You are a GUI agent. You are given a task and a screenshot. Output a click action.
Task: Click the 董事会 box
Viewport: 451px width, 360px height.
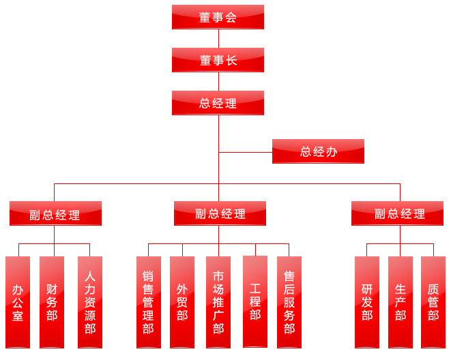click(x=218, y=17)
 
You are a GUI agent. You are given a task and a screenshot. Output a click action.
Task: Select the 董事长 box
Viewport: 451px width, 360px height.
click(x=218, y=60)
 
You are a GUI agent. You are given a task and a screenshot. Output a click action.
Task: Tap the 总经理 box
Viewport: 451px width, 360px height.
click(x=218, y=103)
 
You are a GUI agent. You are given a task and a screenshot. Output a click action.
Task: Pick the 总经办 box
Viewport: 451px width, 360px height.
click(x=318, y=151)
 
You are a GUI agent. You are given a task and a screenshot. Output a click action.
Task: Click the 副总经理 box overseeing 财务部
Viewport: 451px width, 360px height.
click(x=55, y=213)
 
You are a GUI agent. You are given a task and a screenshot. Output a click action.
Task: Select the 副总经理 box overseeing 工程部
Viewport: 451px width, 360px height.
click(x=220, y=213)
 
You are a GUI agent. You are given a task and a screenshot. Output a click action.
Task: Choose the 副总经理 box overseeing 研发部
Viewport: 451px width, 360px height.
click(x=397, y=213)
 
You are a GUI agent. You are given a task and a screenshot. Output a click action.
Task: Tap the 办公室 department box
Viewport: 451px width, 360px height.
click(x=18, y=302)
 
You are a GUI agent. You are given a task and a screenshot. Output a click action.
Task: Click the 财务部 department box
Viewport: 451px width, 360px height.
click(x=52, y=302)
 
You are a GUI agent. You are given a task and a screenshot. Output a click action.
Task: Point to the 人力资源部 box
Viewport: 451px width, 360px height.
click(x=90, y=302)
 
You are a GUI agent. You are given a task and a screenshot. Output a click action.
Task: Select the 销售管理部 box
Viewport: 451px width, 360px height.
click(x=149, y=302)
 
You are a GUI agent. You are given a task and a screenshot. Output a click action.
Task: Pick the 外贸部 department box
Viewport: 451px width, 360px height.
click(x=182, y=302)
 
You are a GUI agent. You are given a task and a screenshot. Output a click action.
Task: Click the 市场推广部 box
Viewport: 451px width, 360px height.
click(x=218, y=302)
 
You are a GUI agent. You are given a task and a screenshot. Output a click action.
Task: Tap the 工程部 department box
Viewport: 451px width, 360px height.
click(x=255, y=301)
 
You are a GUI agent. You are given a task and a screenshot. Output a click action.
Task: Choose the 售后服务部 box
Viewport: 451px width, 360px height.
click(x=289, y=302)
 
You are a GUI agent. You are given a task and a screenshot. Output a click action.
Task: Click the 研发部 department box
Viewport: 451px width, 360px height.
click(x=367, y=302)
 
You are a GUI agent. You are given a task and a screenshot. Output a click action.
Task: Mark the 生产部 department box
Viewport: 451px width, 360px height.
click(x=401, y=302)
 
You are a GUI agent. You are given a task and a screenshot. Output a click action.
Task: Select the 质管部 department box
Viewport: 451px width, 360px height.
click(x=433, y=302)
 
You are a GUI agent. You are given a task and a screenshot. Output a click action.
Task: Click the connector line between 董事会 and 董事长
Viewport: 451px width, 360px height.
click(x=218, y=38)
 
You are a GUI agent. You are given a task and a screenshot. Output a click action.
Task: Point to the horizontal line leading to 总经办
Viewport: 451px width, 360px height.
click(x=246, y=151)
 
